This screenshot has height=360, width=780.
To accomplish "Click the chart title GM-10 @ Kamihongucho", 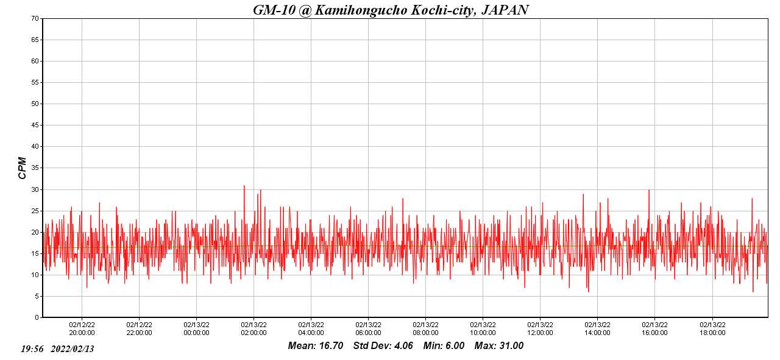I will click(x=391, y=10).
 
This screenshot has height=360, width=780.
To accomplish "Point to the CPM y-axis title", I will click(x=23, y=168).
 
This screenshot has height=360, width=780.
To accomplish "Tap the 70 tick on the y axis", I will click(x=35, y=18).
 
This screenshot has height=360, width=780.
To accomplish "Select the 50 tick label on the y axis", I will click(x=35, y=104).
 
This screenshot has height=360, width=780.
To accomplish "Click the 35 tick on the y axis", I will click(x=35, y=168).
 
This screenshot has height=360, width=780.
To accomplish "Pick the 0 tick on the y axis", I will click(x=37, y=317).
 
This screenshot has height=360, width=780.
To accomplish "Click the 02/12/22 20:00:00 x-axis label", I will click(x=82, y=329).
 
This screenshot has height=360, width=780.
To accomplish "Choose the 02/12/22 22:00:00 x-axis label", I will click(x=139, y=329).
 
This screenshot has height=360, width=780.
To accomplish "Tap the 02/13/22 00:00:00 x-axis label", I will click(x=196, y=329).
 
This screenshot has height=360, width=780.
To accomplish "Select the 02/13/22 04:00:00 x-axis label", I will click(x=311, y=329).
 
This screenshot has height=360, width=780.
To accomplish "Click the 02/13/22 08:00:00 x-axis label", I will click(x=425, y=329).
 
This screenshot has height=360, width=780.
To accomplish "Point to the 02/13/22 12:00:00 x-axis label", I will click(x=540, y=329).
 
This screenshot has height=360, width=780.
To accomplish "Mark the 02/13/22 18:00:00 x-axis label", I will click(x=712, y=329).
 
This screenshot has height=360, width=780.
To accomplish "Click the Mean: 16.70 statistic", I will click(x=315, y=346).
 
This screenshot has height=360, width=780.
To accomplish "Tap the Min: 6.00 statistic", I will click(x=444, y=346).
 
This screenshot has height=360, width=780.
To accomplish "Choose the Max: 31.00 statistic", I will click(x=499, y=346).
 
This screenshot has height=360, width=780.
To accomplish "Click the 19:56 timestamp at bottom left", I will click(x=32, y=349).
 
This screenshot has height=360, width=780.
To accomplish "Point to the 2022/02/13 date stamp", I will click(x=72, y=349).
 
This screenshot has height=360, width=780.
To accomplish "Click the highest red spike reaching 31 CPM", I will click(x=244, y=186).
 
